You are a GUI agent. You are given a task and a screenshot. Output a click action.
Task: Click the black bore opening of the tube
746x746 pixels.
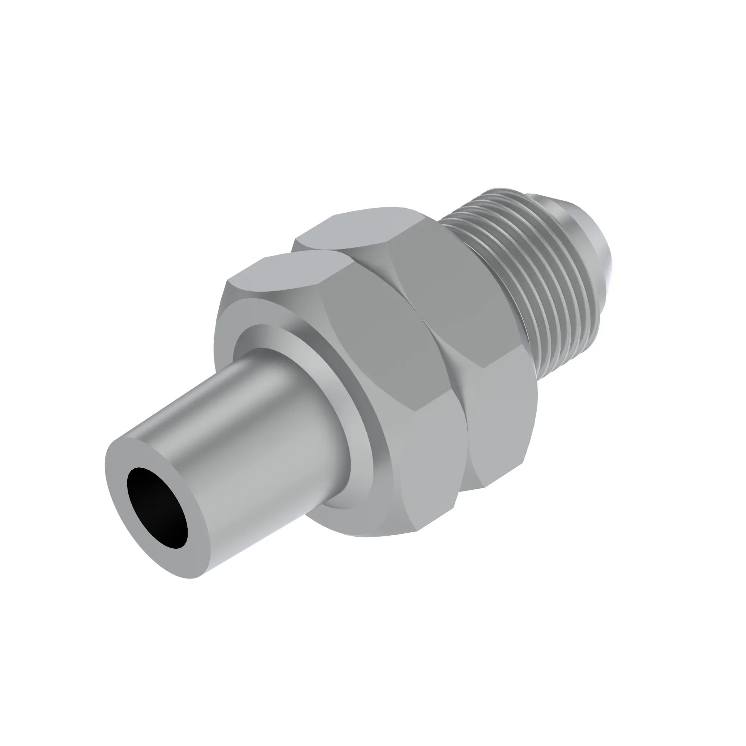[x=157, y=507]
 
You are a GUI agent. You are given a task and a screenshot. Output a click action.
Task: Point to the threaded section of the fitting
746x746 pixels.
[x=533, y=270]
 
